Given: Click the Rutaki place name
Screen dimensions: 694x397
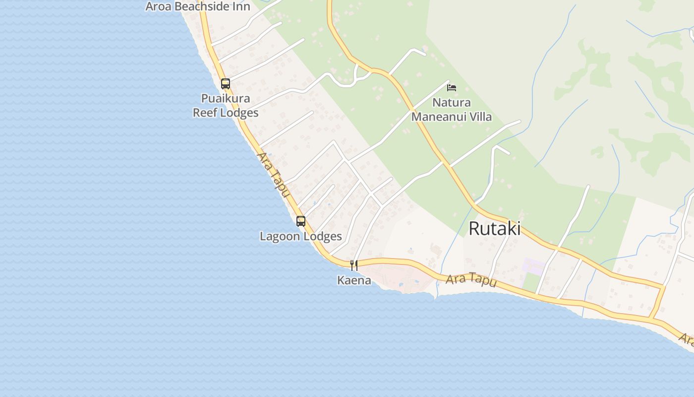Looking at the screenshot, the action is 494,229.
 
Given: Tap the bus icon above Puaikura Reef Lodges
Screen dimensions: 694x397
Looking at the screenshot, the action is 226,84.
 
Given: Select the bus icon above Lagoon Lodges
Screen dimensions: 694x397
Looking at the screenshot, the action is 301,221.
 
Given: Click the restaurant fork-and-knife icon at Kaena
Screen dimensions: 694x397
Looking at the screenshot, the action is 354,265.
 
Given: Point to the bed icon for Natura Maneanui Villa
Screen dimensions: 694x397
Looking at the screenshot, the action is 451,88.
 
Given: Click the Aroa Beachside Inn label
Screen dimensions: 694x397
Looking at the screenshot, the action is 198,6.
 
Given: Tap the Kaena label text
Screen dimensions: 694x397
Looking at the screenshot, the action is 354,280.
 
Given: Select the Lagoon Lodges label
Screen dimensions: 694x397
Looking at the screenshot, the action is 301,236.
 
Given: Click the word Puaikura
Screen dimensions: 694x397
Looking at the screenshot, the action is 226,98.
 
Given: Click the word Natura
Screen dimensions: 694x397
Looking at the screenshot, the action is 452,103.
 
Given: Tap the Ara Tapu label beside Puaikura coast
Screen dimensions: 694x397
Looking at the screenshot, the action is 272,174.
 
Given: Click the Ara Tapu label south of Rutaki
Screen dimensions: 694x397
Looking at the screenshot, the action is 471,280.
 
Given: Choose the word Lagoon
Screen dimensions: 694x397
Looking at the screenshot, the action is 280,236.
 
